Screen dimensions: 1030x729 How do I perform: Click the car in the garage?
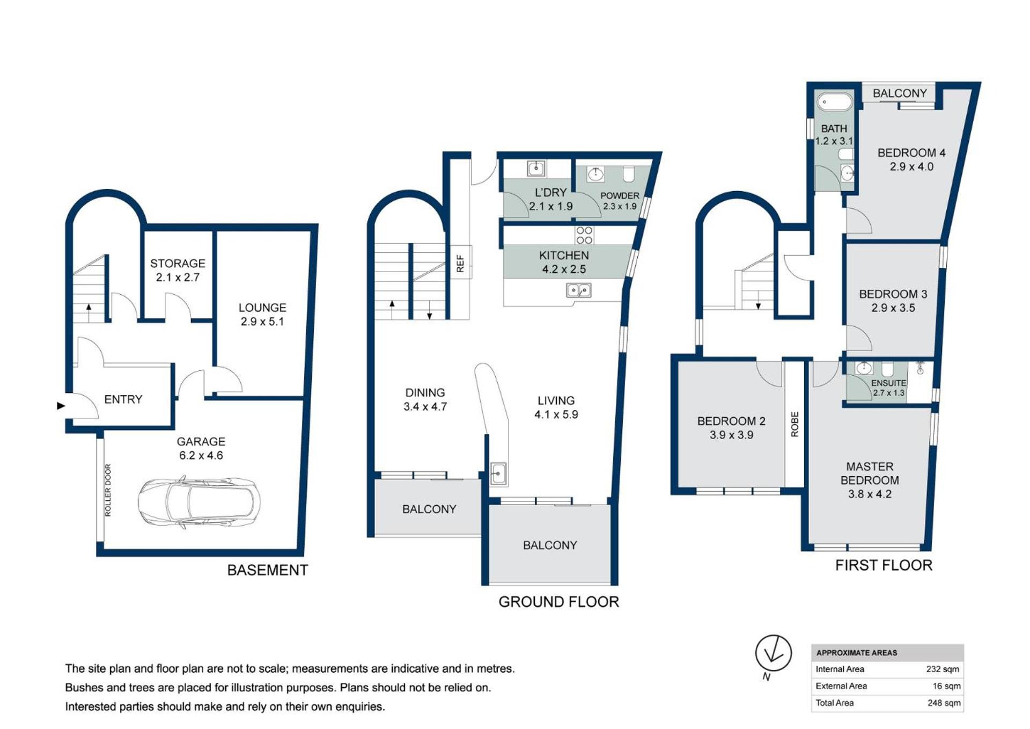199,502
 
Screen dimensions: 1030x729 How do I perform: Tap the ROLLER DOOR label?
108,490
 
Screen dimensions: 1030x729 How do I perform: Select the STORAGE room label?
178,264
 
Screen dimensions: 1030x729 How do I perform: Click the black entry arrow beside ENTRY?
61,406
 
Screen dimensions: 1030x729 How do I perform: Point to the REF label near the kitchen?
460,264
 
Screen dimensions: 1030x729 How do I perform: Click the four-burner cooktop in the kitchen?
584,235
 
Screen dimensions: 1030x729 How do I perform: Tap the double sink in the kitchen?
579,290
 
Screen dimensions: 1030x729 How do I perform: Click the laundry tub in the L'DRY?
536,169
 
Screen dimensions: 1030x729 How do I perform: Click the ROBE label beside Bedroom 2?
794,424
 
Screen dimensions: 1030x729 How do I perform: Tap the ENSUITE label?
888,383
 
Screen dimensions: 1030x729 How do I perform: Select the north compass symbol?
773,654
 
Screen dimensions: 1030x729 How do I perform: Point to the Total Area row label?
834,703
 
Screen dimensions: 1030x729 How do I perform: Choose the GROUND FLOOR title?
558,602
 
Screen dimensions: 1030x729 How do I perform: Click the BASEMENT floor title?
268,570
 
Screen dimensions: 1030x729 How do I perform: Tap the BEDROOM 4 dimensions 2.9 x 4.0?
911,167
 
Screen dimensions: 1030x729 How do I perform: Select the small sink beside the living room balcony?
498,473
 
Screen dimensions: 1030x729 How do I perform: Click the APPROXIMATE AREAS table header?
857,653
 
